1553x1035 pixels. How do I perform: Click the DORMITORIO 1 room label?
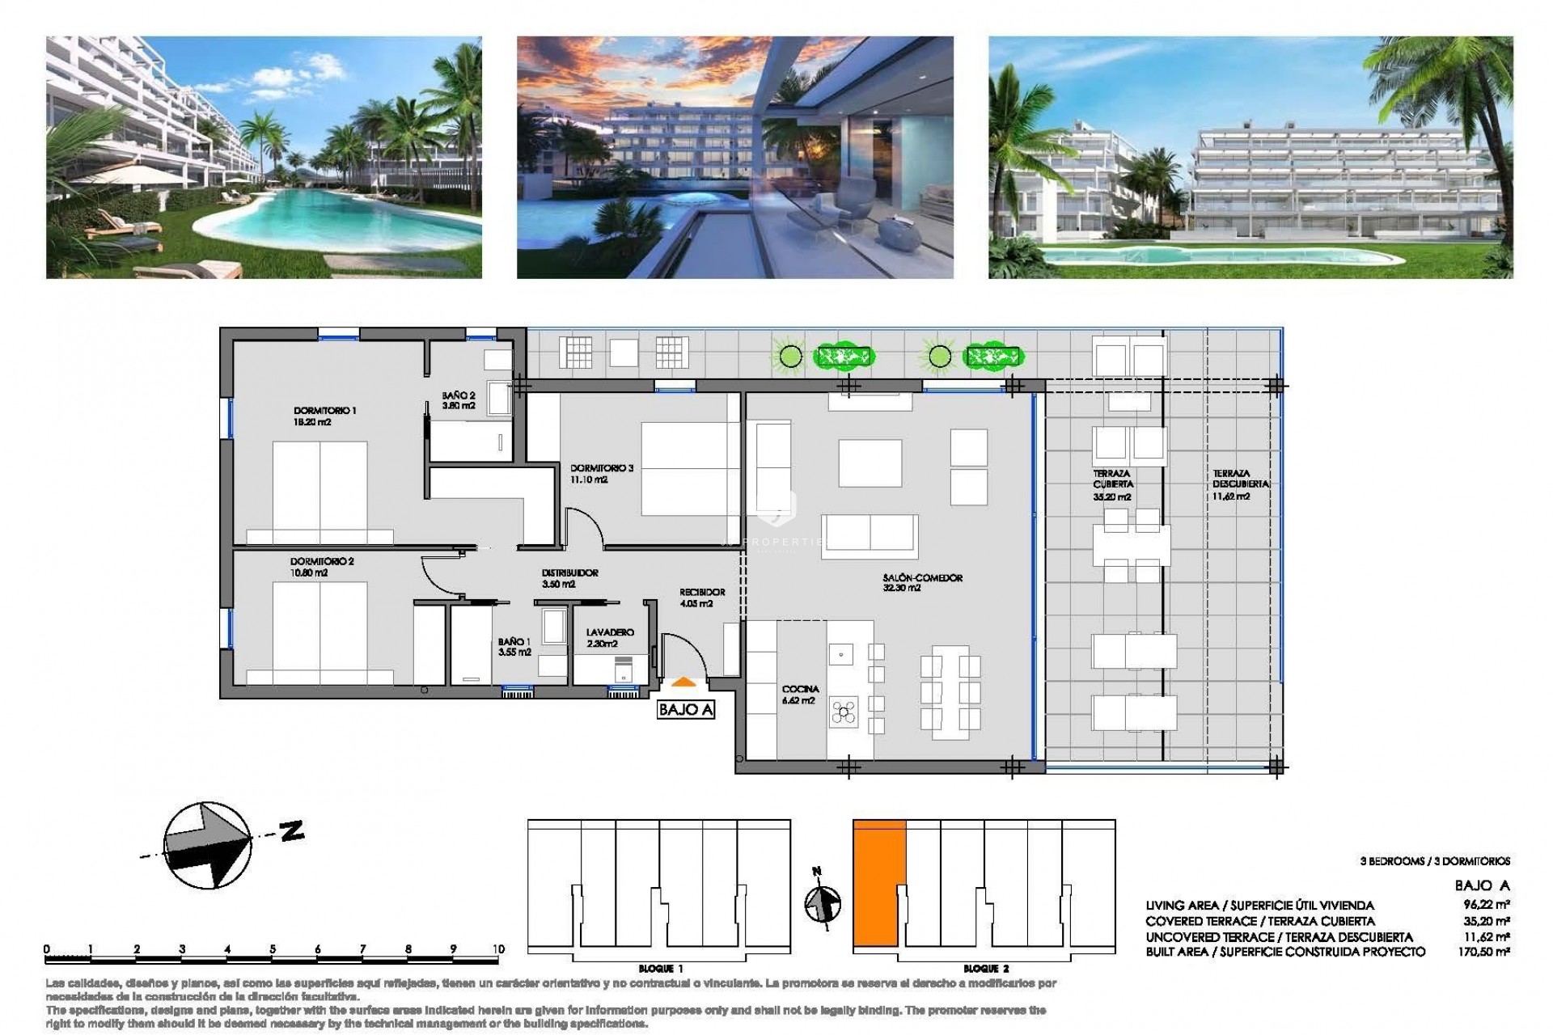pos(324,411)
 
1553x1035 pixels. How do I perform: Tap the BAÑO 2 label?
pos(459,396)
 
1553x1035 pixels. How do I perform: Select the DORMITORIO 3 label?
pos(602,468)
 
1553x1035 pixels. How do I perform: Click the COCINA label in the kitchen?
pos(800,690)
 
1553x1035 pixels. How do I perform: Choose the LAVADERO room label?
pos(610,632)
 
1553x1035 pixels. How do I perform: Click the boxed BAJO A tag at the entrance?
pos(686,710)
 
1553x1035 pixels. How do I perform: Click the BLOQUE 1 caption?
pos(660,968)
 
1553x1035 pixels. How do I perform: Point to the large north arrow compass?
pos(206,856)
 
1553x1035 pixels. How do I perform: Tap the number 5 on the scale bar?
pos(273,949)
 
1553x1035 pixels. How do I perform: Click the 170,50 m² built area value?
pos(1487,953)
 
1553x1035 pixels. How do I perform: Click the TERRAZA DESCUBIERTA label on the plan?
pos(1230,479)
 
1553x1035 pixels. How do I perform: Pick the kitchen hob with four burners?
pos(844,712)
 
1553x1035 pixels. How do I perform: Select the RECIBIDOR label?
pos(701,592)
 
